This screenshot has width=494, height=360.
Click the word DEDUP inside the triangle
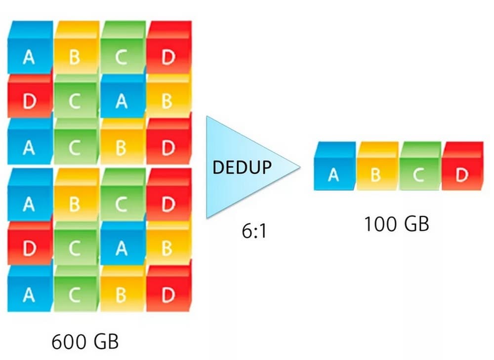(x=242, y=167)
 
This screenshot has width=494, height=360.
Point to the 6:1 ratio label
(x=254, y=231)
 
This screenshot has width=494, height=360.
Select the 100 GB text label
(x=396, y=224)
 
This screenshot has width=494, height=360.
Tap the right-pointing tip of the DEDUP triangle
(x=298, y=168)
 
